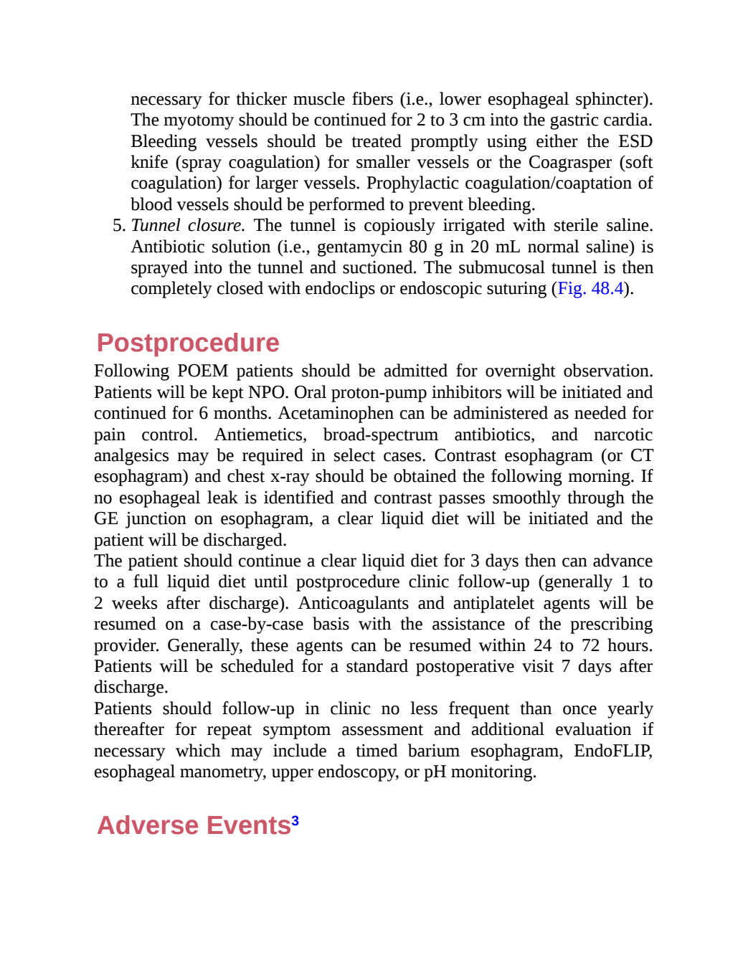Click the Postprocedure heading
point(188,343)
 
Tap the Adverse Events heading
point(194,825)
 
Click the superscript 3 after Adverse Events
point(295,820)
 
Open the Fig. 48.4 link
point(590,289)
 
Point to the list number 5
point(119,225)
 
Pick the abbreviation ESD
point(635,141)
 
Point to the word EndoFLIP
point(613,751)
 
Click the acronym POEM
point(203,371)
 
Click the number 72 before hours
point(591,645)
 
